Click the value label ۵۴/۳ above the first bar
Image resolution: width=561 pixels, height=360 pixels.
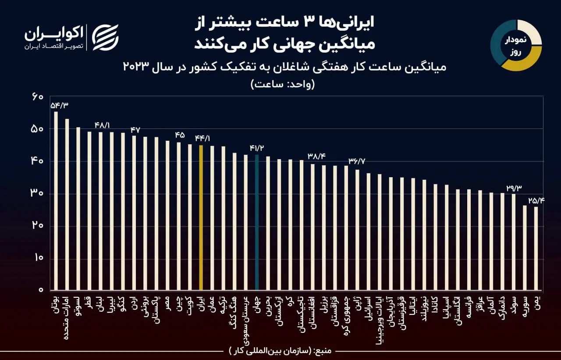[x=60, y=105]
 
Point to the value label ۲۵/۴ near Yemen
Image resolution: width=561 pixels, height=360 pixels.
[x=535, y=201]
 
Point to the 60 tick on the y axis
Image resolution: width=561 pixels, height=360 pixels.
[x=38, y=96]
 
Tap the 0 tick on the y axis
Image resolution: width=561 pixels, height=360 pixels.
[x=40, y=290]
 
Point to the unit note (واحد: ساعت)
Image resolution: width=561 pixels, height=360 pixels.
[x=283, y=84]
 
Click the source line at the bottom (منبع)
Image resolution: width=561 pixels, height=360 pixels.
[x=280, y=351]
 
